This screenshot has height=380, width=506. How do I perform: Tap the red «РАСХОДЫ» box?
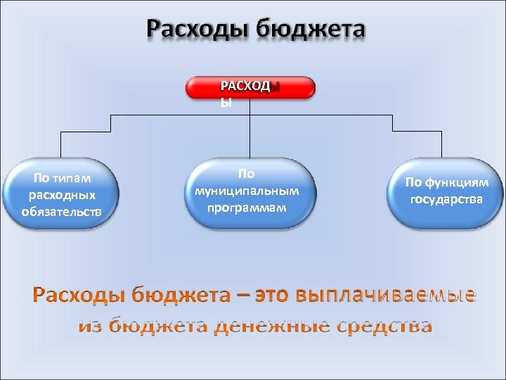pyautogui.click(x=251, y=88)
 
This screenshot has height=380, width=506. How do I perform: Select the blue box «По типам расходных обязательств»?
pyautogui.click(x=61, y=194)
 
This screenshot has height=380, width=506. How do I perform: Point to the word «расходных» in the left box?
pyautogui.click(x=61, y=195)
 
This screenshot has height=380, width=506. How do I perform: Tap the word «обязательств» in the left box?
pyautogui.click(x=61, y=210)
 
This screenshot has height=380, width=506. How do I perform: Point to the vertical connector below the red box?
pyautogui.click(x=251, y=127)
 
